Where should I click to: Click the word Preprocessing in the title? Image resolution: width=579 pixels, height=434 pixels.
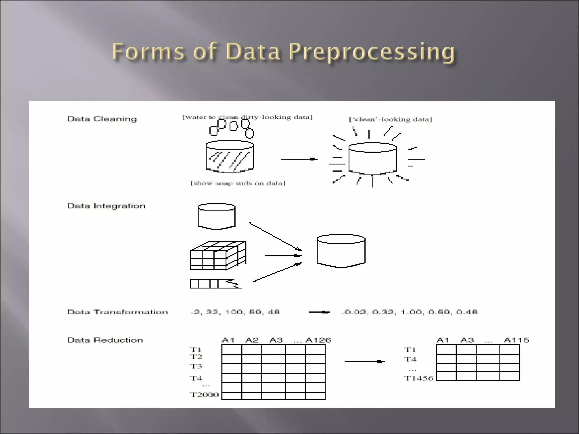click(x=372, y=52)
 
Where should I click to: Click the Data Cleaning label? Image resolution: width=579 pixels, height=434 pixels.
click(x=102, y=119)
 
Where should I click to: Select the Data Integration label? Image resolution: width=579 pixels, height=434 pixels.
click(x=106, y=206)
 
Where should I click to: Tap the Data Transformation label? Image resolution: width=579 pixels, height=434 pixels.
click(x=117, y=312)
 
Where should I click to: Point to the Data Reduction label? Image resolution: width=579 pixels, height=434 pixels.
click(x=105, y=340)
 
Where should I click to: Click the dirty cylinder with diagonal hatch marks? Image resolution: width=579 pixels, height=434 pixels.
click(x=230, y=157)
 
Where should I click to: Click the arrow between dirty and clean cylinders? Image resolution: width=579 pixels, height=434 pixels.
click(x=299, y=159)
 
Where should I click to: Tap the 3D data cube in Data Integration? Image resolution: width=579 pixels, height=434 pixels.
click(x=218, y=255)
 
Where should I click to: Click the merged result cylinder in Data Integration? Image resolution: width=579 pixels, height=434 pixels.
click(x=341, y=251)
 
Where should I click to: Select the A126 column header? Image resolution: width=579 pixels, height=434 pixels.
click(x=318, y=340)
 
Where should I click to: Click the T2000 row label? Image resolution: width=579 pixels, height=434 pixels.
click(x=204, y=394)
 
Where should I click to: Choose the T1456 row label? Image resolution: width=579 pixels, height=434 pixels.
click(x=418, y=378)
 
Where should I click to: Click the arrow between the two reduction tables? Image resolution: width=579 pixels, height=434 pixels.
click(x=364, y=362)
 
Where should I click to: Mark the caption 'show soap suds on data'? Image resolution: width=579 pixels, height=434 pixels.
click(x=238, y=183)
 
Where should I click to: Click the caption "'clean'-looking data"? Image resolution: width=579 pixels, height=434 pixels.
click(x=390, y=120)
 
